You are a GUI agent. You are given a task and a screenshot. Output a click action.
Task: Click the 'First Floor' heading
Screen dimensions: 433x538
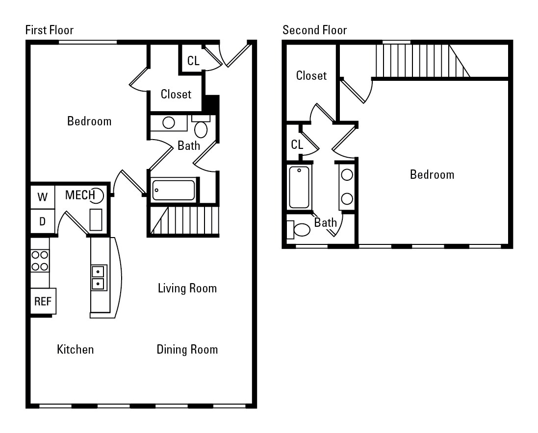49,30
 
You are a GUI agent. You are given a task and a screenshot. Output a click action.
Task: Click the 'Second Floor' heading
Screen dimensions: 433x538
314,30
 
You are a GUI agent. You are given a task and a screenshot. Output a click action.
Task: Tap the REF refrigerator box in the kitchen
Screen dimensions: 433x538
43,301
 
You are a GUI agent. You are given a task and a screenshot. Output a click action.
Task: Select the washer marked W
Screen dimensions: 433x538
43,197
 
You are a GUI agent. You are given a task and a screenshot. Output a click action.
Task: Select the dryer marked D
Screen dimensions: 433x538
43,221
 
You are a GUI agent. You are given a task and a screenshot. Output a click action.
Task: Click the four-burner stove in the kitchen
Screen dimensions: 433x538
40,261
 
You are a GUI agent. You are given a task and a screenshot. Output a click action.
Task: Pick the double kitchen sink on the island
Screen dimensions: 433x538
99,278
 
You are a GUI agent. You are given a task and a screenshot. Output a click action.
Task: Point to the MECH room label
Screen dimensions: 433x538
80,195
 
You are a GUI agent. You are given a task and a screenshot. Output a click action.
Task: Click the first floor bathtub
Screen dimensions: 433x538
174,190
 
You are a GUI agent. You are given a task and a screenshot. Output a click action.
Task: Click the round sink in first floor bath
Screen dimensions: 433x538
169,123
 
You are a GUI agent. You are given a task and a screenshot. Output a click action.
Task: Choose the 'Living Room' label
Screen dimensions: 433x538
187,288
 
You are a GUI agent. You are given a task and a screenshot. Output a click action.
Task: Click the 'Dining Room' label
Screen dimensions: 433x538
187,349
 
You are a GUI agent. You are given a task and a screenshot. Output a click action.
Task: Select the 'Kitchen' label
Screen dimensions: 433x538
75,349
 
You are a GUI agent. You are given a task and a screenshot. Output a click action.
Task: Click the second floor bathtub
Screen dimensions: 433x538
299,187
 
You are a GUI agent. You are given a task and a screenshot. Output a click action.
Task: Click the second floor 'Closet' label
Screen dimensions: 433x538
311,76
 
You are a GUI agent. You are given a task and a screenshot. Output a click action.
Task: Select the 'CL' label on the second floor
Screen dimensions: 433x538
297,145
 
